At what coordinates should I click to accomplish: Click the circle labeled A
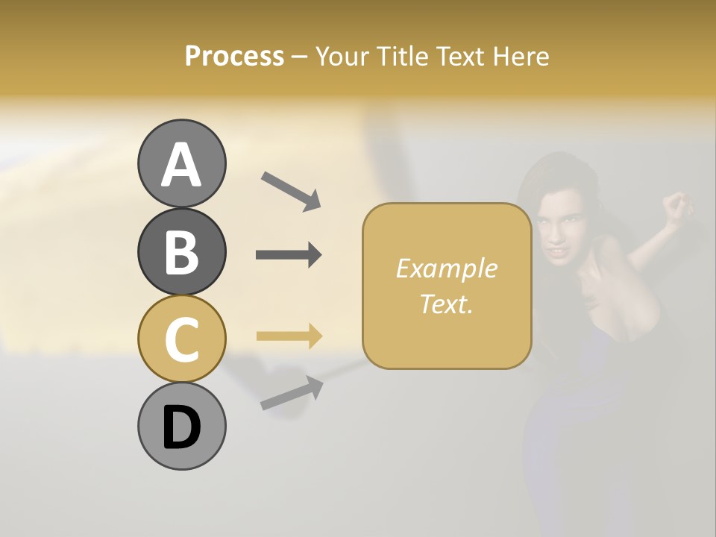click(181, 163)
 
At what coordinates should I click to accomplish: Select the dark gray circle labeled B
click(181, 251)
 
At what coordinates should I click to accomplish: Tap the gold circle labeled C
click(181, 339)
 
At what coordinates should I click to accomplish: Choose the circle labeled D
click(181, 426)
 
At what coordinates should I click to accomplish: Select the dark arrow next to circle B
click(289, 255)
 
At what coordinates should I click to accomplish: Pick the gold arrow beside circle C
click(289, 336)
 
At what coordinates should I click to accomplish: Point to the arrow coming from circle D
click(292, 393)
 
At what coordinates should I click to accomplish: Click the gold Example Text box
click(447, 286)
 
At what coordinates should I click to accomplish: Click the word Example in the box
click(446, 268)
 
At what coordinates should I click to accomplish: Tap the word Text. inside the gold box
click(446, 304)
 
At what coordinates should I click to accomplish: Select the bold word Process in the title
click(234, 56)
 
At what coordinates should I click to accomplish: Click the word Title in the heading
click(401, 56)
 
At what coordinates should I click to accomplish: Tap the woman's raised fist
click(677, 207)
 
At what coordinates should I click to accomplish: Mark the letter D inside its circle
click(181, 427)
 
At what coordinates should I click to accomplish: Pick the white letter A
click(181, 165)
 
